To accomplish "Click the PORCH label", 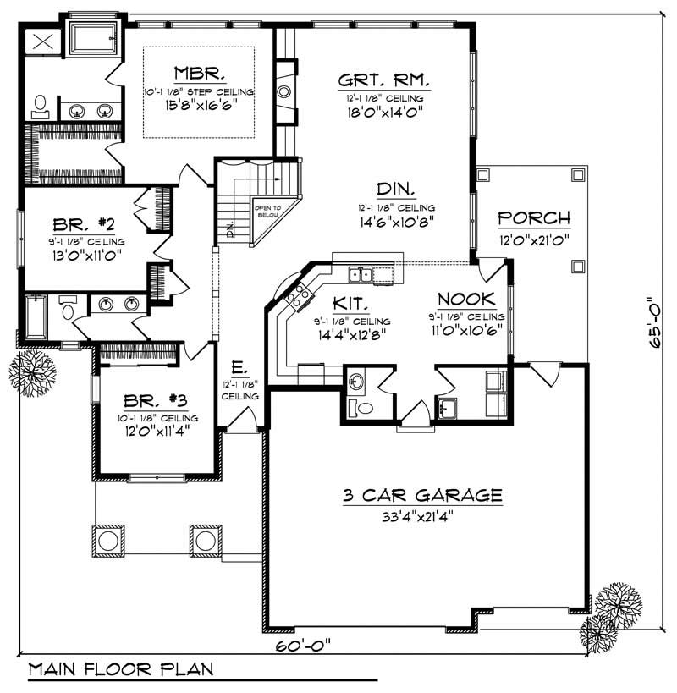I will tap(533, 217).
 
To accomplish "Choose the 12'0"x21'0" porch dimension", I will tap(533, 238).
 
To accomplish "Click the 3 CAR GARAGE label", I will tap(422, 496).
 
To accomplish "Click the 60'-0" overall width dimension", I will tap(302, 645).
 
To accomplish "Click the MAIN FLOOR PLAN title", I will tap(120, 668).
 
